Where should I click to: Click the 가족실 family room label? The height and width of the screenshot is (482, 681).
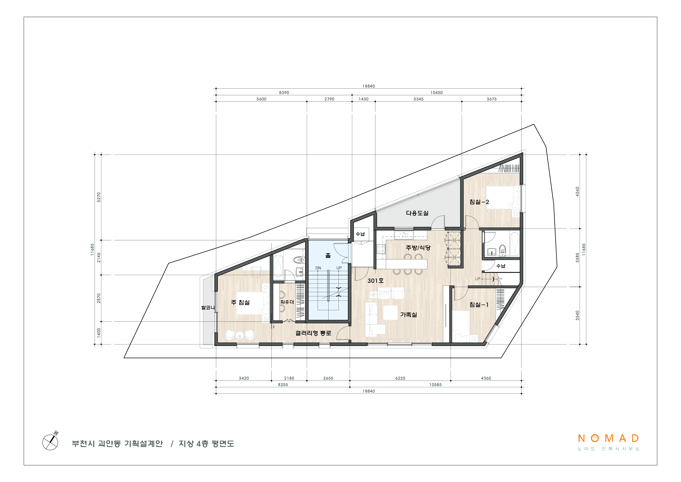409,315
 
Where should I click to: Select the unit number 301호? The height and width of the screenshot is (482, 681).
375,281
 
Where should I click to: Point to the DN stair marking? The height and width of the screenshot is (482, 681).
318,268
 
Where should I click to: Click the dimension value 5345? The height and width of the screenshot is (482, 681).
418,99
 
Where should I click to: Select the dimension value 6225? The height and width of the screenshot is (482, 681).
400,378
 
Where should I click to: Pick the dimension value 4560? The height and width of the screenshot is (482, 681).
577,192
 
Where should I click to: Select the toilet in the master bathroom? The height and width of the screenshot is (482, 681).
297,260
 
